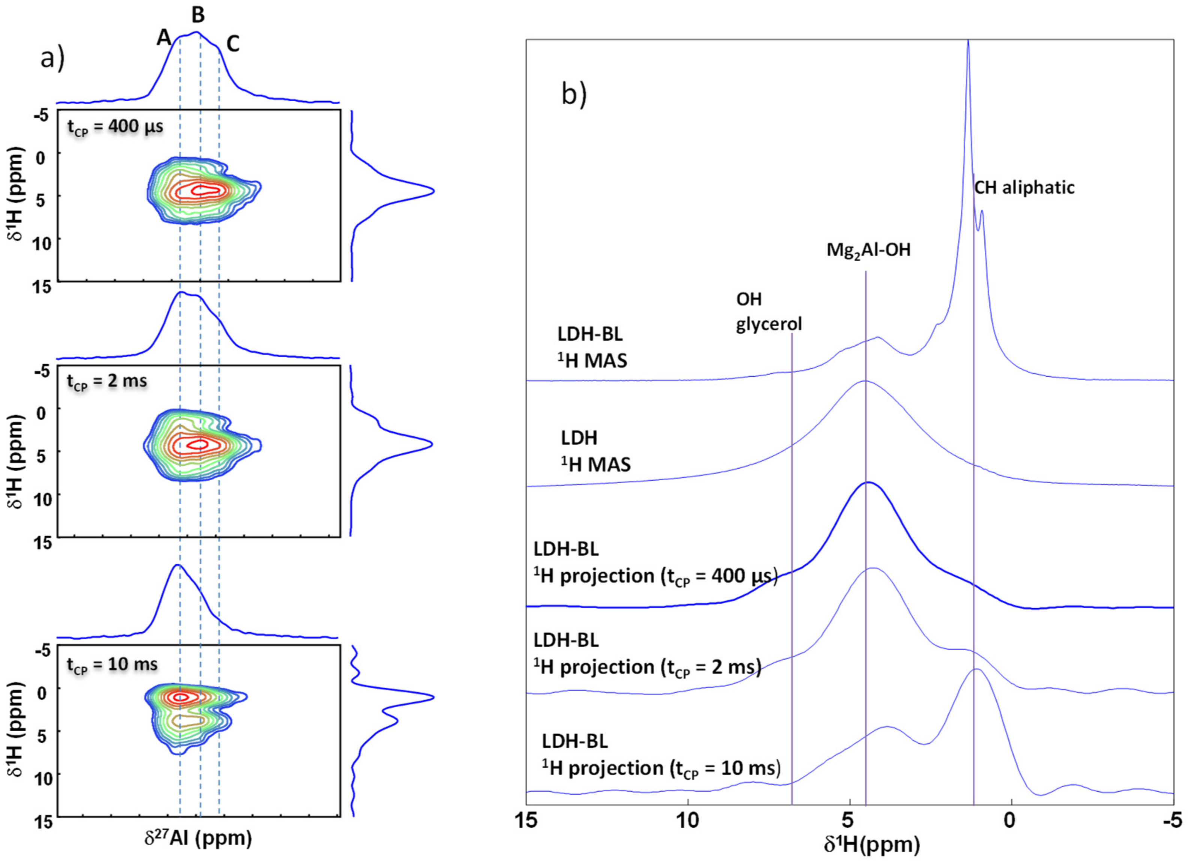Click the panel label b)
[574, 94]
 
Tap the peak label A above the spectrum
[164, 38]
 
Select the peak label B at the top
[198, 15]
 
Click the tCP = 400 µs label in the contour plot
[115, 127]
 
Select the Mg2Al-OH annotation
[868, 250]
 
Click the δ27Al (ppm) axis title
[198, 838]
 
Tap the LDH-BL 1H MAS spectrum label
[592, 346]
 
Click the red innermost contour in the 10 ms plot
[181, 697]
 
